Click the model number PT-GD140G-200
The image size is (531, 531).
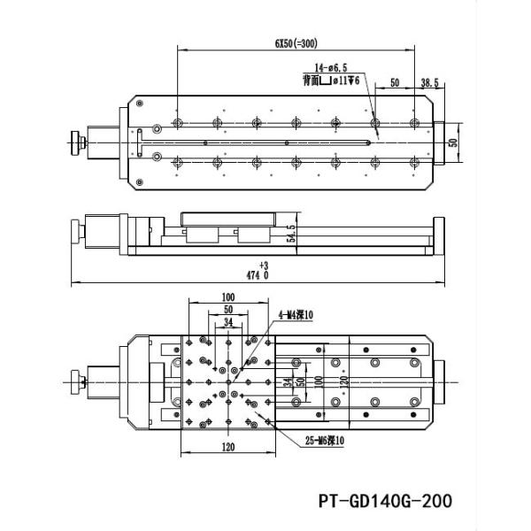[382, 501]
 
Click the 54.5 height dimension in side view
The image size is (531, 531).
[290, 235]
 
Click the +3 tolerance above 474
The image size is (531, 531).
[263, 265]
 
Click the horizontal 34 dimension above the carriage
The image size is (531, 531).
[228, 323]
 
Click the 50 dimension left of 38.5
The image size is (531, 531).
[394, 82]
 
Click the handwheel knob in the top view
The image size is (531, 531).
[74, 142]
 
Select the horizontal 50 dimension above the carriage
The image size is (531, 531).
[227, 310]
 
